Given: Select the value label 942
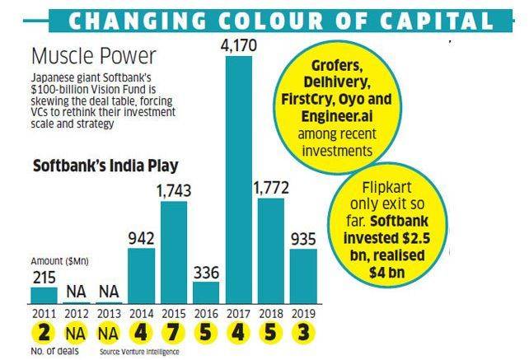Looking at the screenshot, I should pyautogui.click(x=141, y=236).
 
